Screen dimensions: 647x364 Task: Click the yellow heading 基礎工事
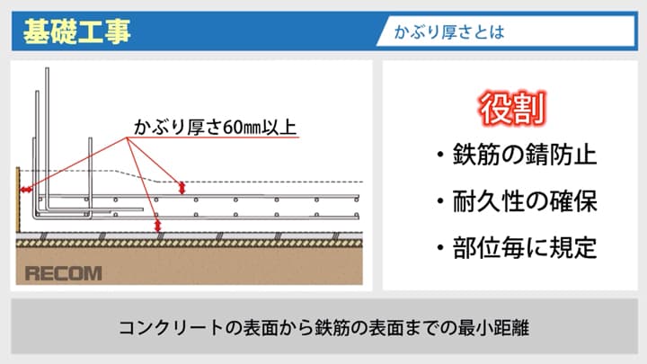tap(76, 31)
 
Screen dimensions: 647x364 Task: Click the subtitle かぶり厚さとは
tap(449, 31)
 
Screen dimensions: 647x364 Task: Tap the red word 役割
tap(512, 109)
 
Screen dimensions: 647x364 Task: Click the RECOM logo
tap(63, 273)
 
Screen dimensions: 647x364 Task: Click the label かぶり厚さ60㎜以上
tap(215, 127)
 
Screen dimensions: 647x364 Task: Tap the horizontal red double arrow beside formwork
tap(26, 190)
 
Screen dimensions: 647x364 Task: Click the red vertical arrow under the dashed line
tap(182, 188)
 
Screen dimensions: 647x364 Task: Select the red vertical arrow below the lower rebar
tap(157, 226)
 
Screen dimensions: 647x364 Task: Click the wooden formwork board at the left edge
tap(18, 200)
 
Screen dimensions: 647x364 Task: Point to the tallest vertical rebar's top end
tap(47, 69)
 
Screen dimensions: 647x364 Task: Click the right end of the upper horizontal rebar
tap(358, 197)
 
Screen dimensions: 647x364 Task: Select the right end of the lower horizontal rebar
tap(358, 217)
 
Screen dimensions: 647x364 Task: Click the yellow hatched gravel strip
tap(190, 244)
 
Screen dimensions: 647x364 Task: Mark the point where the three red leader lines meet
tap(127, 138)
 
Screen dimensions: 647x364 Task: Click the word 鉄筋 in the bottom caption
tap(332, 328)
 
